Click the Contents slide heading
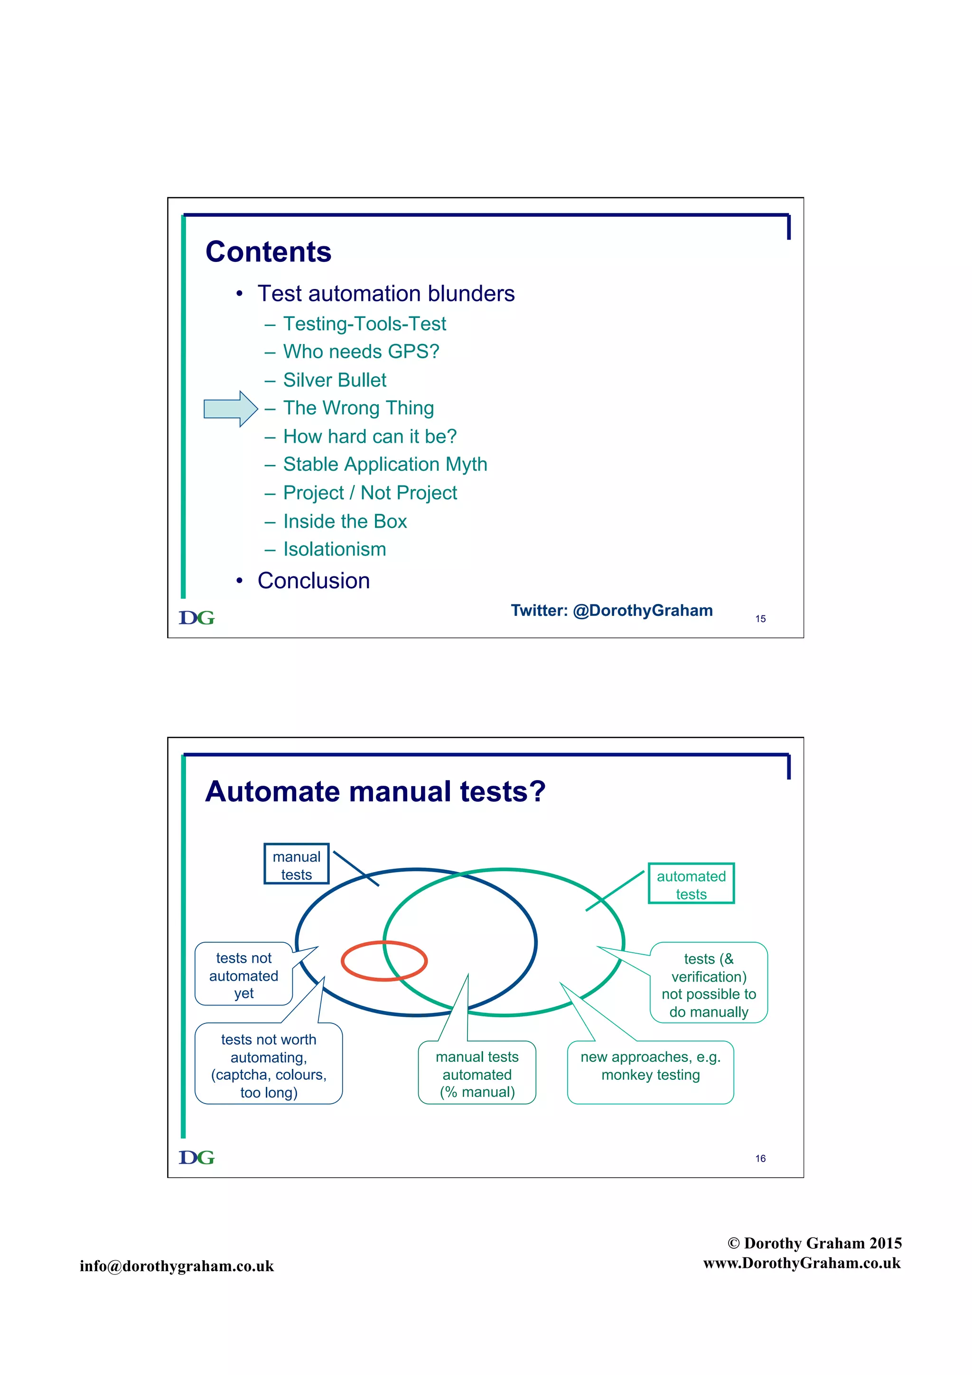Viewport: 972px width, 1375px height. [268, 251]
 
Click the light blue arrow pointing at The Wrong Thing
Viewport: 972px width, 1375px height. [229, 409]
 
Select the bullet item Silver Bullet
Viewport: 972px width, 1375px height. [334, 380]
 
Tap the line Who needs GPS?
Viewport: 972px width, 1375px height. [361, 352]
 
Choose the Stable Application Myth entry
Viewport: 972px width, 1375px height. [384, 464]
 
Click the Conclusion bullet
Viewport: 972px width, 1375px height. [313, 580]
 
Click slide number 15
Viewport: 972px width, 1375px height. [760, 619]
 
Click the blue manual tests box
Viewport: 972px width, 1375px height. [297, 864]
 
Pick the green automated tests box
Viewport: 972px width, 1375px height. [691, 884]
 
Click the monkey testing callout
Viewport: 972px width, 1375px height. [650, 1066]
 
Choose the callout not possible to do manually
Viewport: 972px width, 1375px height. [709, 985]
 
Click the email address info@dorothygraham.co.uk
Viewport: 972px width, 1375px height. [177, 1265]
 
